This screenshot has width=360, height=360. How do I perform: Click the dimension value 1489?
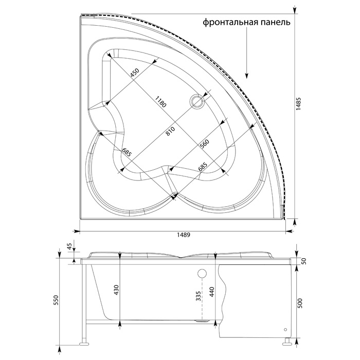click(184, 235)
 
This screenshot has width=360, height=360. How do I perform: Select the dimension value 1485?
click(298, 104)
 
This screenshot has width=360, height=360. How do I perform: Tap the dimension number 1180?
click(160, 102)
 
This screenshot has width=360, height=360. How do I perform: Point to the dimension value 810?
click(170, 131)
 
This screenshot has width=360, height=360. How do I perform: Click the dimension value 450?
click(135, 73)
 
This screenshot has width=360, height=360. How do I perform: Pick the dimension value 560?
click(205, 145)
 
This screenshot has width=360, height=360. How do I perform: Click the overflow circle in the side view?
click(202, 273)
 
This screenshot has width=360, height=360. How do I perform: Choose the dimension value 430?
click(116, 290)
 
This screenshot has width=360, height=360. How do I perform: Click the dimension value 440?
click(212, 292)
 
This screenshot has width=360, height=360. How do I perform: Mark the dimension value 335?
click(199, 296)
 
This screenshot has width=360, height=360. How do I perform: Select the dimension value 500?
click(301, 303)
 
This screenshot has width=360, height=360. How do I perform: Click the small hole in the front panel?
click(285, 330)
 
